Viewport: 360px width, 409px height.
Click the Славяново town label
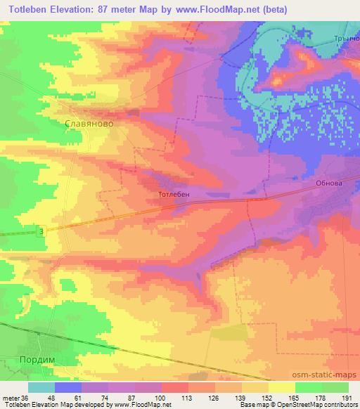click(89, 122)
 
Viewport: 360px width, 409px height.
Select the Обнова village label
click(330, 182)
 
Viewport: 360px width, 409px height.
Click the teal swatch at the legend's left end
click(41, 387)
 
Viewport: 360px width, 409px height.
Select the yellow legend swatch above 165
click(282, 387)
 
